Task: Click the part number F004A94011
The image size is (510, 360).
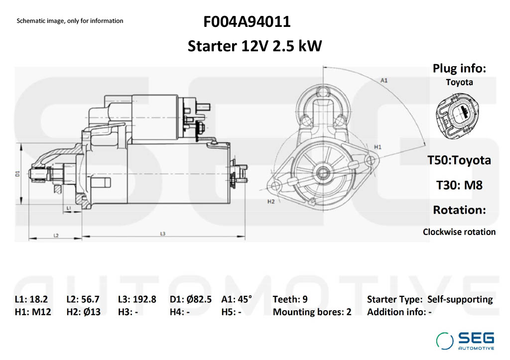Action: (x=247, y=22)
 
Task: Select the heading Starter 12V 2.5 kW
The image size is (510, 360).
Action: (x=255, y=46)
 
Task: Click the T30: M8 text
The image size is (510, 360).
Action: (x=459, y=185)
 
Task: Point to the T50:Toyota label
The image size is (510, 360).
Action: (x=459, y=160)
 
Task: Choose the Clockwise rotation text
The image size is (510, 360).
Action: (x=459, y=232)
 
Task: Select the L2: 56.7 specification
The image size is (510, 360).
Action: (x=83, y=299)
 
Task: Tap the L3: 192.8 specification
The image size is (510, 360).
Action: (x=137, y=299)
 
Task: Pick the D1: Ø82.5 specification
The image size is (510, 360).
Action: (x=191, y=299)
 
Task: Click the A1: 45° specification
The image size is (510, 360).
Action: (x=237, y=299)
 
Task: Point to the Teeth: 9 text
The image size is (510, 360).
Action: (x=290, y=299)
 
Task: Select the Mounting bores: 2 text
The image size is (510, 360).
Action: (x=312, y=312)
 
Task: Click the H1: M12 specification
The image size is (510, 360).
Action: (x=32, y=312)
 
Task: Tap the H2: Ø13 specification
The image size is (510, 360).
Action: (x=83, y=312)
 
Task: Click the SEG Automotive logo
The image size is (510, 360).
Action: (x=466, y=341)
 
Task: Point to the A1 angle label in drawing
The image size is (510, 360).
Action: (x=384, y=80)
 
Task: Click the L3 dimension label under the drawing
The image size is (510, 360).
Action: (x=163, y=234)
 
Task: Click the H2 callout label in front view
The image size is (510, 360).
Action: (x=271, y=202)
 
